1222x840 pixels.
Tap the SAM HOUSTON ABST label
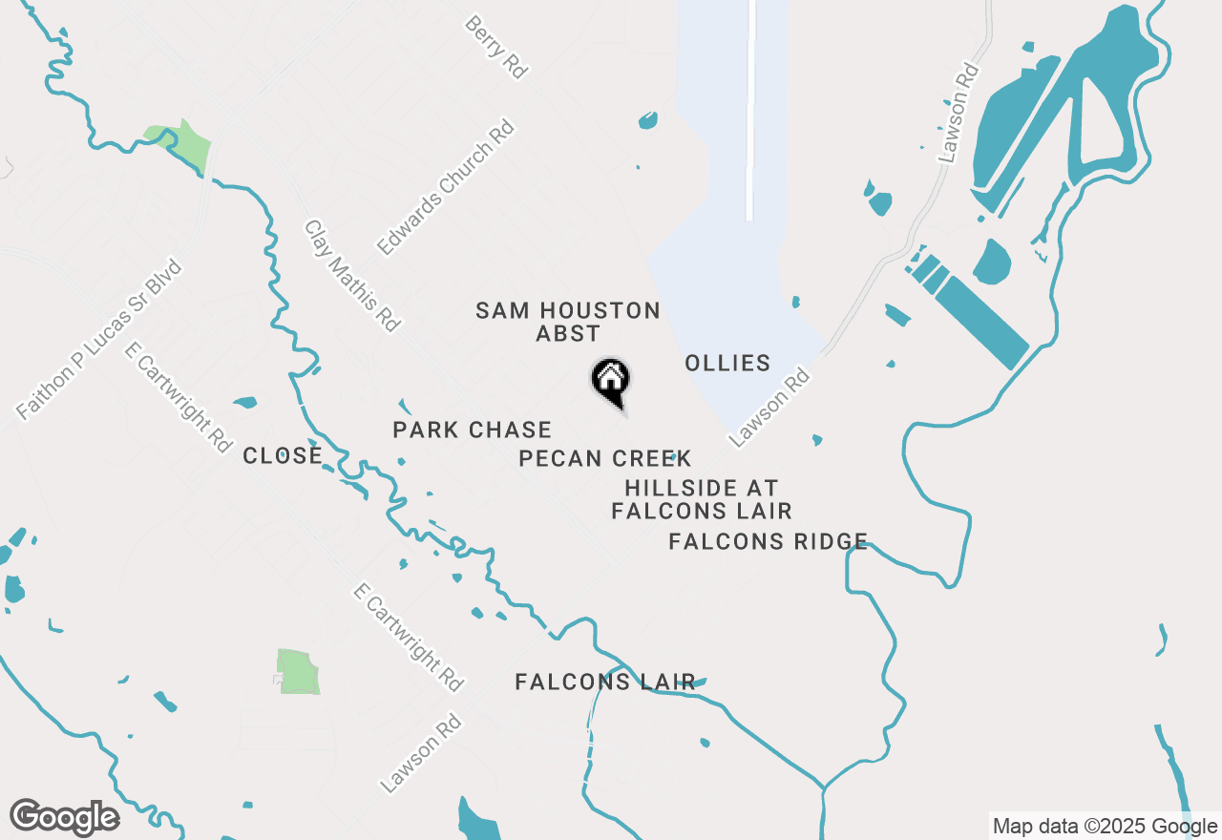pyautogui.click(x=568, y=322)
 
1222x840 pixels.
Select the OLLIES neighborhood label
pyautogui.click(x=727, y=363)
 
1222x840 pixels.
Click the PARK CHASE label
pyautogui.click(x=473, y=430)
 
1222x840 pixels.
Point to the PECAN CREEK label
pyautogui.click(x=604, y=459)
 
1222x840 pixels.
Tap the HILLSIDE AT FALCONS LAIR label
pyautogui.click(x=702, y=500)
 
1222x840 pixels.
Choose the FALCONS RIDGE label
pyautogui.click(x=768, y=542)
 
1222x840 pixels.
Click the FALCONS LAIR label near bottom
pyautogui.click(x=605, y=682)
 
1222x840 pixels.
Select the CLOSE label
pyautogui.click(x=283, y=456)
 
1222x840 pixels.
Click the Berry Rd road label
pyautogui.click(x=496, y=46)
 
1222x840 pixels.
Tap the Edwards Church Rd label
pyautogui.click(x=445, y=188)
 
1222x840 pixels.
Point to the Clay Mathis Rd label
pyautogui.click(x=351, y=276)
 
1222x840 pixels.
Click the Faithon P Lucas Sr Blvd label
pyautogui.click(x=99, y=339)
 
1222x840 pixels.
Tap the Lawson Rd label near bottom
pyautogui.click(x=421, y=755)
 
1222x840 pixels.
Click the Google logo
pyautogui.click(x=64, y=817)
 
